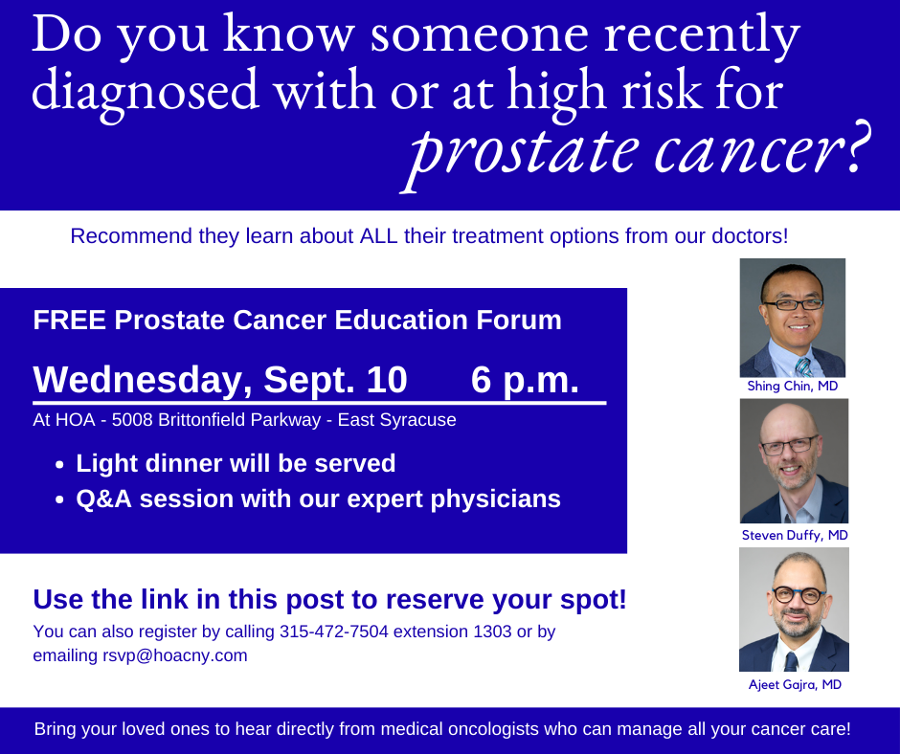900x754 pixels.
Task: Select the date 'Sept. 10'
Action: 335,379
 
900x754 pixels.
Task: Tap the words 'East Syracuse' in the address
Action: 396,419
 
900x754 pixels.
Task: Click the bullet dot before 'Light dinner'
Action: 59,465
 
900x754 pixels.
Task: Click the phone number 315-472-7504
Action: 334,632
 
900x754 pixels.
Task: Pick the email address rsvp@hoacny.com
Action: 175,655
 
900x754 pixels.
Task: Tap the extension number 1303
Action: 492,632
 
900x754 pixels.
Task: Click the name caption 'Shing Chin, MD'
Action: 793,386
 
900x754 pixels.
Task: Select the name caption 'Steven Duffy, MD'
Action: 795,535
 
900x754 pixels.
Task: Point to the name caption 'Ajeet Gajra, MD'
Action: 795,684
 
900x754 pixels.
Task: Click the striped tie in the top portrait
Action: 803,367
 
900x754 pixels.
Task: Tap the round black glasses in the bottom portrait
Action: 799,595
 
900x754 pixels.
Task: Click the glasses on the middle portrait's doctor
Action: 789,445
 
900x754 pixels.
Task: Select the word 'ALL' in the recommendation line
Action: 378,235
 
